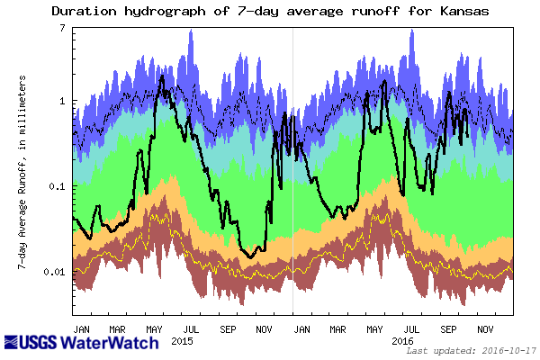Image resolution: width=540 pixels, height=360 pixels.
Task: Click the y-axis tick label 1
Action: [62, 101]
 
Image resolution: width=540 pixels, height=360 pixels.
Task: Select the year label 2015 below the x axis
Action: [182, 342]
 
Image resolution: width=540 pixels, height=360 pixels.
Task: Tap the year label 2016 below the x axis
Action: [401, 342]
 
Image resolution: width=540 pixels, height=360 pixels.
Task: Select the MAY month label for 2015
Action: [155, 329]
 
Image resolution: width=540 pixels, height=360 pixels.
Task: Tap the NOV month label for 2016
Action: [485, 329]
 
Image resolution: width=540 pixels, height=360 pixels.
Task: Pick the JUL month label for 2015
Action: [192, 329]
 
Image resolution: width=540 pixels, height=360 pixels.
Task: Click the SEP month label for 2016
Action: [448, 329]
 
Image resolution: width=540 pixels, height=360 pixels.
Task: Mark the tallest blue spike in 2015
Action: [191, 31]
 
